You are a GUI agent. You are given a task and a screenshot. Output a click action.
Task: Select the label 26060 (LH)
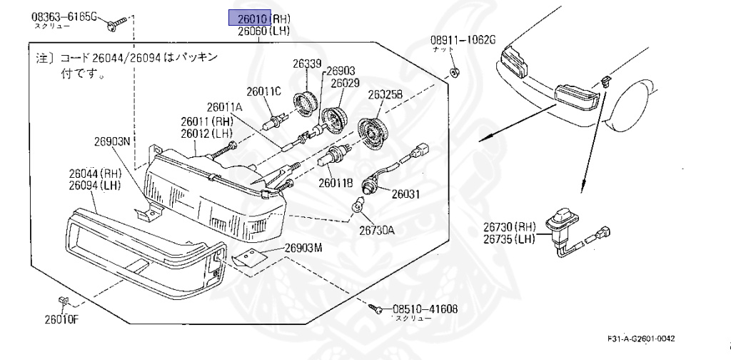[x=253, y=31]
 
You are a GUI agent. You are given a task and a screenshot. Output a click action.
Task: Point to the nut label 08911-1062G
[x=462, y=40]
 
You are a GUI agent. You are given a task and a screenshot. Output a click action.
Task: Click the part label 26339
[x=306, y=64]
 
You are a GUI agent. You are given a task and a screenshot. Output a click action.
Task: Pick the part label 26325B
[x=385, y=94]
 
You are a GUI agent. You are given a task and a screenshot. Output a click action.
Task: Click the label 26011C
[x=264, y=91]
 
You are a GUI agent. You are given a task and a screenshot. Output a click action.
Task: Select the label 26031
[x=407, y=193]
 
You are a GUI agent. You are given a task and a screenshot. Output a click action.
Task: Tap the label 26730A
[x=376, y=230]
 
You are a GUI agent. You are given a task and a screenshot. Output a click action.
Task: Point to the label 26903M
[x=303, y=248]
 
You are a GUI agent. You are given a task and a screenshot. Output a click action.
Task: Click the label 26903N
[x=112, y=141]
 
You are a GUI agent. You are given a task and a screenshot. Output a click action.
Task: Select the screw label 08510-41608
[x=425, y=309]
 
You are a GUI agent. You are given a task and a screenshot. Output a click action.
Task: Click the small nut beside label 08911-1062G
[x=454, y=71]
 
